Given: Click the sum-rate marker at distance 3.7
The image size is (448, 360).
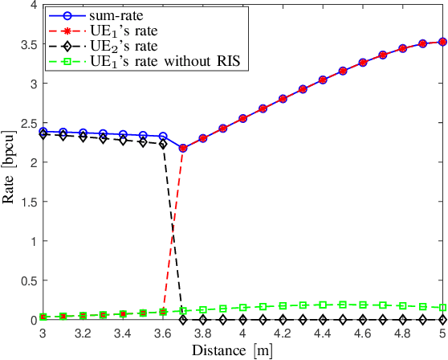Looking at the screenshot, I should click(183, 148).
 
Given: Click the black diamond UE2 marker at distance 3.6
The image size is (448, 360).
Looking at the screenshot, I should click(163, 145).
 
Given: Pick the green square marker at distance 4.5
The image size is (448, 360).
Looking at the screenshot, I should click(343, 305).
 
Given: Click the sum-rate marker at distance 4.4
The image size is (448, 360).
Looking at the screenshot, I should click(323, 80).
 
